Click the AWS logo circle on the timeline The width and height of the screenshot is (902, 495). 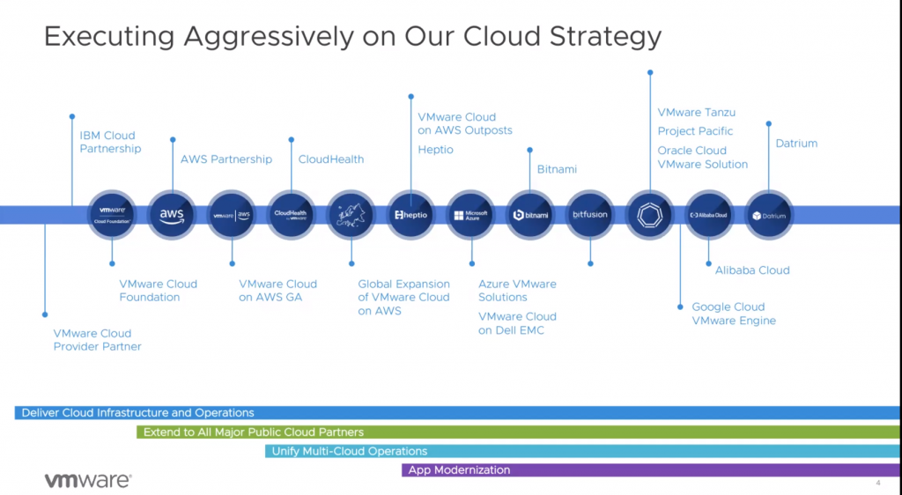pos(171,215)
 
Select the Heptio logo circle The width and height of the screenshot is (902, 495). pos(410,215)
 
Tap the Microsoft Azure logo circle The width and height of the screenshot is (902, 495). pos(470,215)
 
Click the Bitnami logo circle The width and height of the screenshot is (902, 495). pos(530,215)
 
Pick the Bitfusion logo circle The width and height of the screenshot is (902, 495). pos(590,215)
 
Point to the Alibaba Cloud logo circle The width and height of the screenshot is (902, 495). pos(709,215)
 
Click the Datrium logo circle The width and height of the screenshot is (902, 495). pos(769,215)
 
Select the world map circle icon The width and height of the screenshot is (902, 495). pos(351,215)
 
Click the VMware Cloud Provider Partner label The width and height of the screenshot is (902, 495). pos(97,340)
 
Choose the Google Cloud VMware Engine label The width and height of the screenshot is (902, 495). pos(734,314)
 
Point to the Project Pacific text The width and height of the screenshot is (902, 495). pos(695,131)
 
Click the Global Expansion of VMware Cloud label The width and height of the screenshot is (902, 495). pos(403,298)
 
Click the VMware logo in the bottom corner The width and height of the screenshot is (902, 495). pos(88,480)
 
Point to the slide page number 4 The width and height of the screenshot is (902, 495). pos(877,483)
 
